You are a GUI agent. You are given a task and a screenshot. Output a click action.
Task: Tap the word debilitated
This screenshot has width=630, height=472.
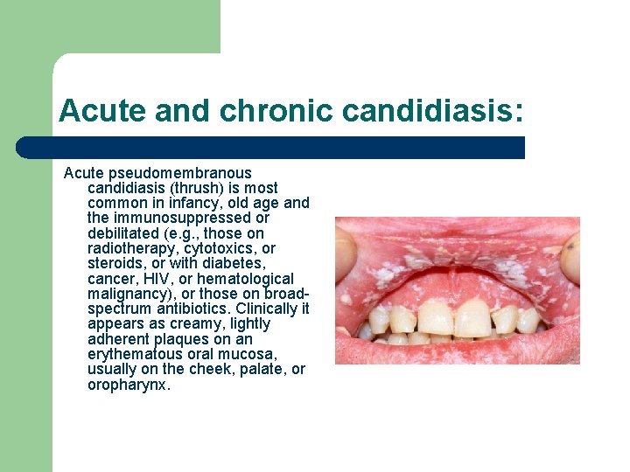point(125,233)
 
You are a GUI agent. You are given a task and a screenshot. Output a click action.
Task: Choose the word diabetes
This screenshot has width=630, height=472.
point(234,263)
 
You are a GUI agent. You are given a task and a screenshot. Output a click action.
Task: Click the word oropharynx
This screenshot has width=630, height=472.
point(129,384)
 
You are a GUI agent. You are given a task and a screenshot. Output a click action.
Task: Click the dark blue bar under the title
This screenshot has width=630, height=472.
point(270,148)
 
